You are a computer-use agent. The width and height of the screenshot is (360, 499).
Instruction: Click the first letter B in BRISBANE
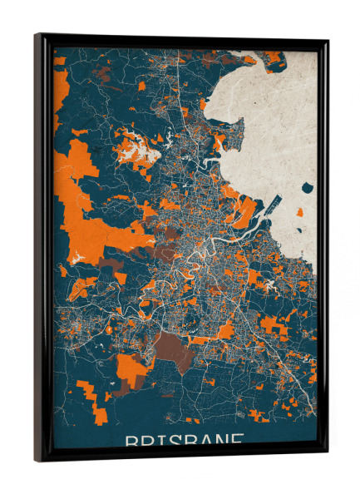(x=131, y=441)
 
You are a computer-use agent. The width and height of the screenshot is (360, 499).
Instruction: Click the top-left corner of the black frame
(x=36, y=35)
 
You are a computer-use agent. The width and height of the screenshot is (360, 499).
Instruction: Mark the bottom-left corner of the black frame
(x=37, y=461)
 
